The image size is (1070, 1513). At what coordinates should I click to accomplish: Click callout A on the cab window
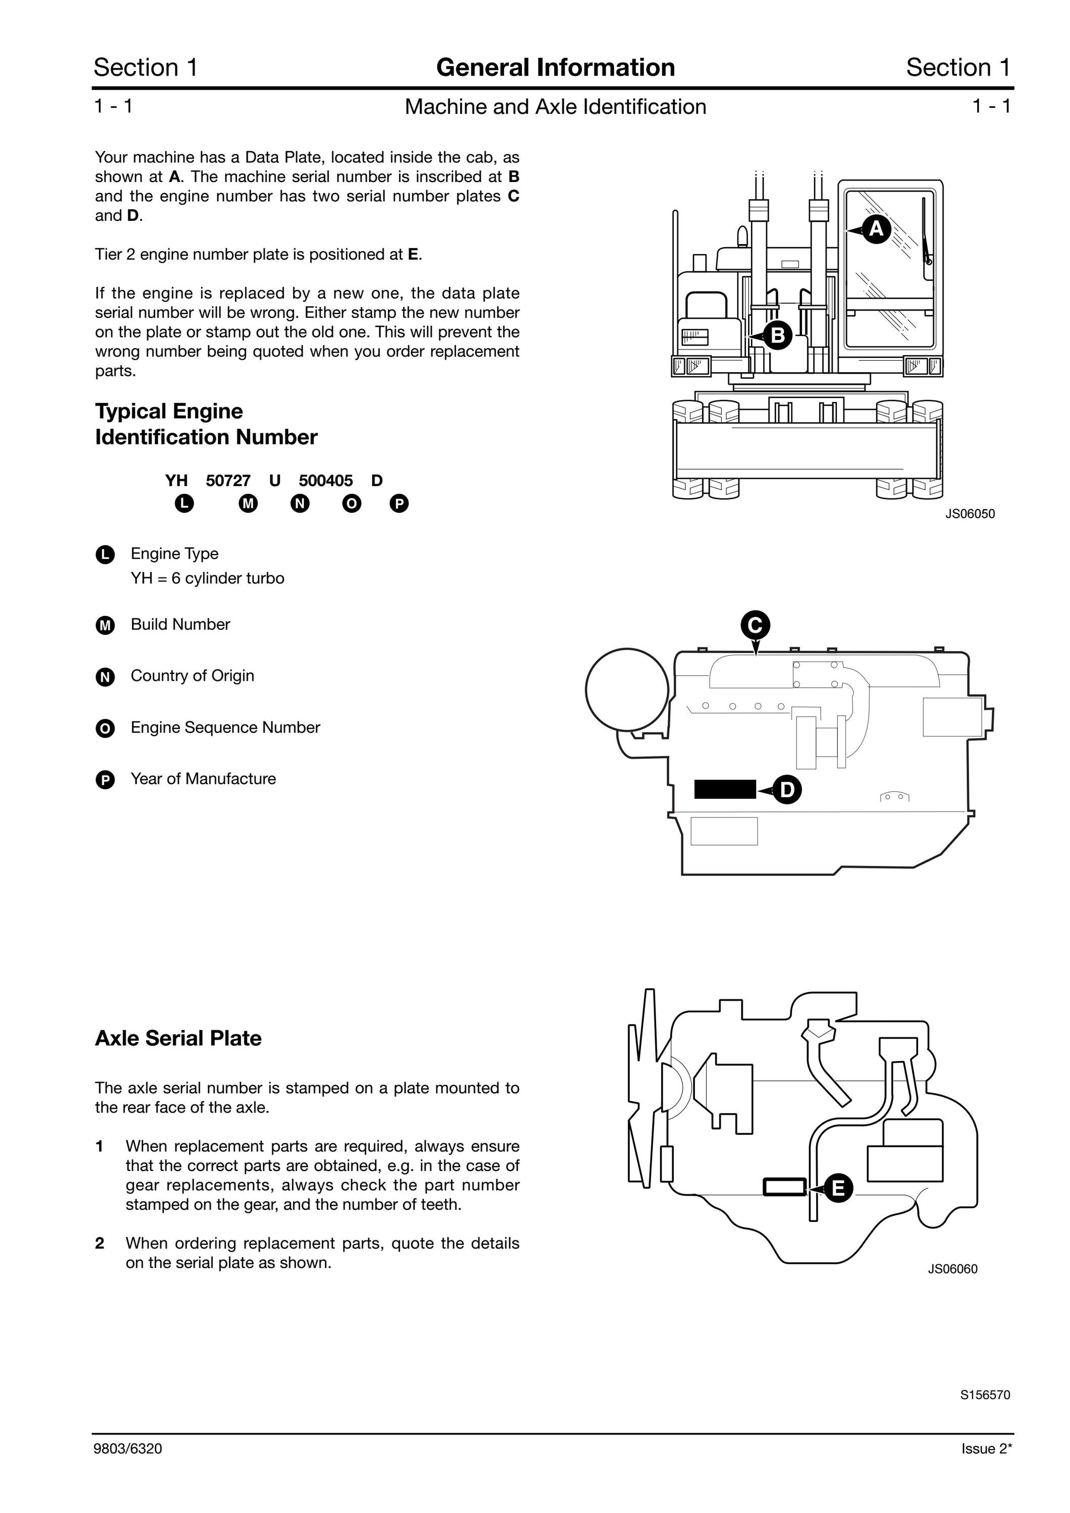(x=876, y=228)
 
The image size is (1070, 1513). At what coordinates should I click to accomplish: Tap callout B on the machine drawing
(x=777, y=335)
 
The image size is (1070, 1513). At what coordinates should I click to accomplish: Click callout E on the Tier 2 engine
(x=838, y=1188)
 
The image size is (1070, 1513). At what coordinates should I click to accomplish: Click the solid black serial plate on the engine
(x=725, y=789)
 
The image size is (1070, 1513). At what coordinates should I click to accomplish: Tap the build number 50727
(x=228, y=481)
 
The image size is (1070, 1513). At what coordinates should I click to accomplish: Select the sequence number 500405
(x=326, y=481)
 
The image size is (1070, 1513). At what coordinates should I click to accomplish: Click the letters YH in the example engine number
(x=177, y=481)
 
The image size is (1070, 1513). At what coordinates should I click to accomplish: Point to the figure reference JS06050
(x=970, y=514)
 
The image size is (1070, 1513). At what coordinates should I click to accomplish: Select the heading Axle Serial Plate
(x=178, y=1038)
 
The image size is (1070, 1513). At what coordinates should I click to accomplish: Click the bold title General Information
(x=555, y=67)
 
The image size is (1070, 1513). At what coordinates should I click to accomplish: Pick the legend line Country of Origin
(x=192, y=675)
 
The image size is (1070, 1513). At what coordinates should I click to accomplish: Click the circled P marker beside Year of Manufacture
(x=105, y=780)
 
